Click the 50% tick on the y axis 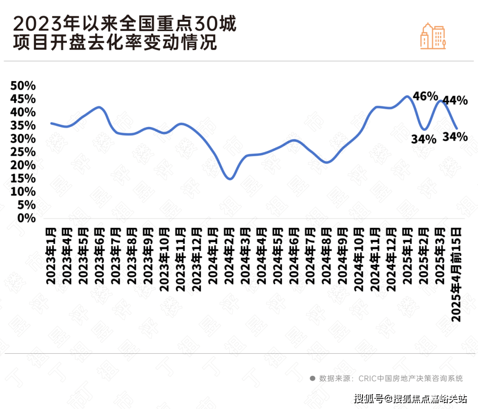point(23,86)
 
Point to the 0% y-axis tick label point(26,218)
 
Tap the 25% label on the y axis point(23,152)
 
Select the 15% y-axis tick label point(23,178)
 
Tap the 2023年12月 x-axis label point(197,259)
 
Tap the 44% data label point(455,100)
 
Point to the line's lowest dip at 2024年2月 point(230,178)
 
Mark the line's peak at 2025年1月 point(407,96)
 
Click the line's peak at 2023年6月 point(99,107)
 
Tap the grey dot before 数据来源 point(312,378)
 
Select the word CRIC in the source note point(367,378)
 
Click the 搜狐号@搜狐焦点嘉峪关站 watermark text point(410,399)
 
